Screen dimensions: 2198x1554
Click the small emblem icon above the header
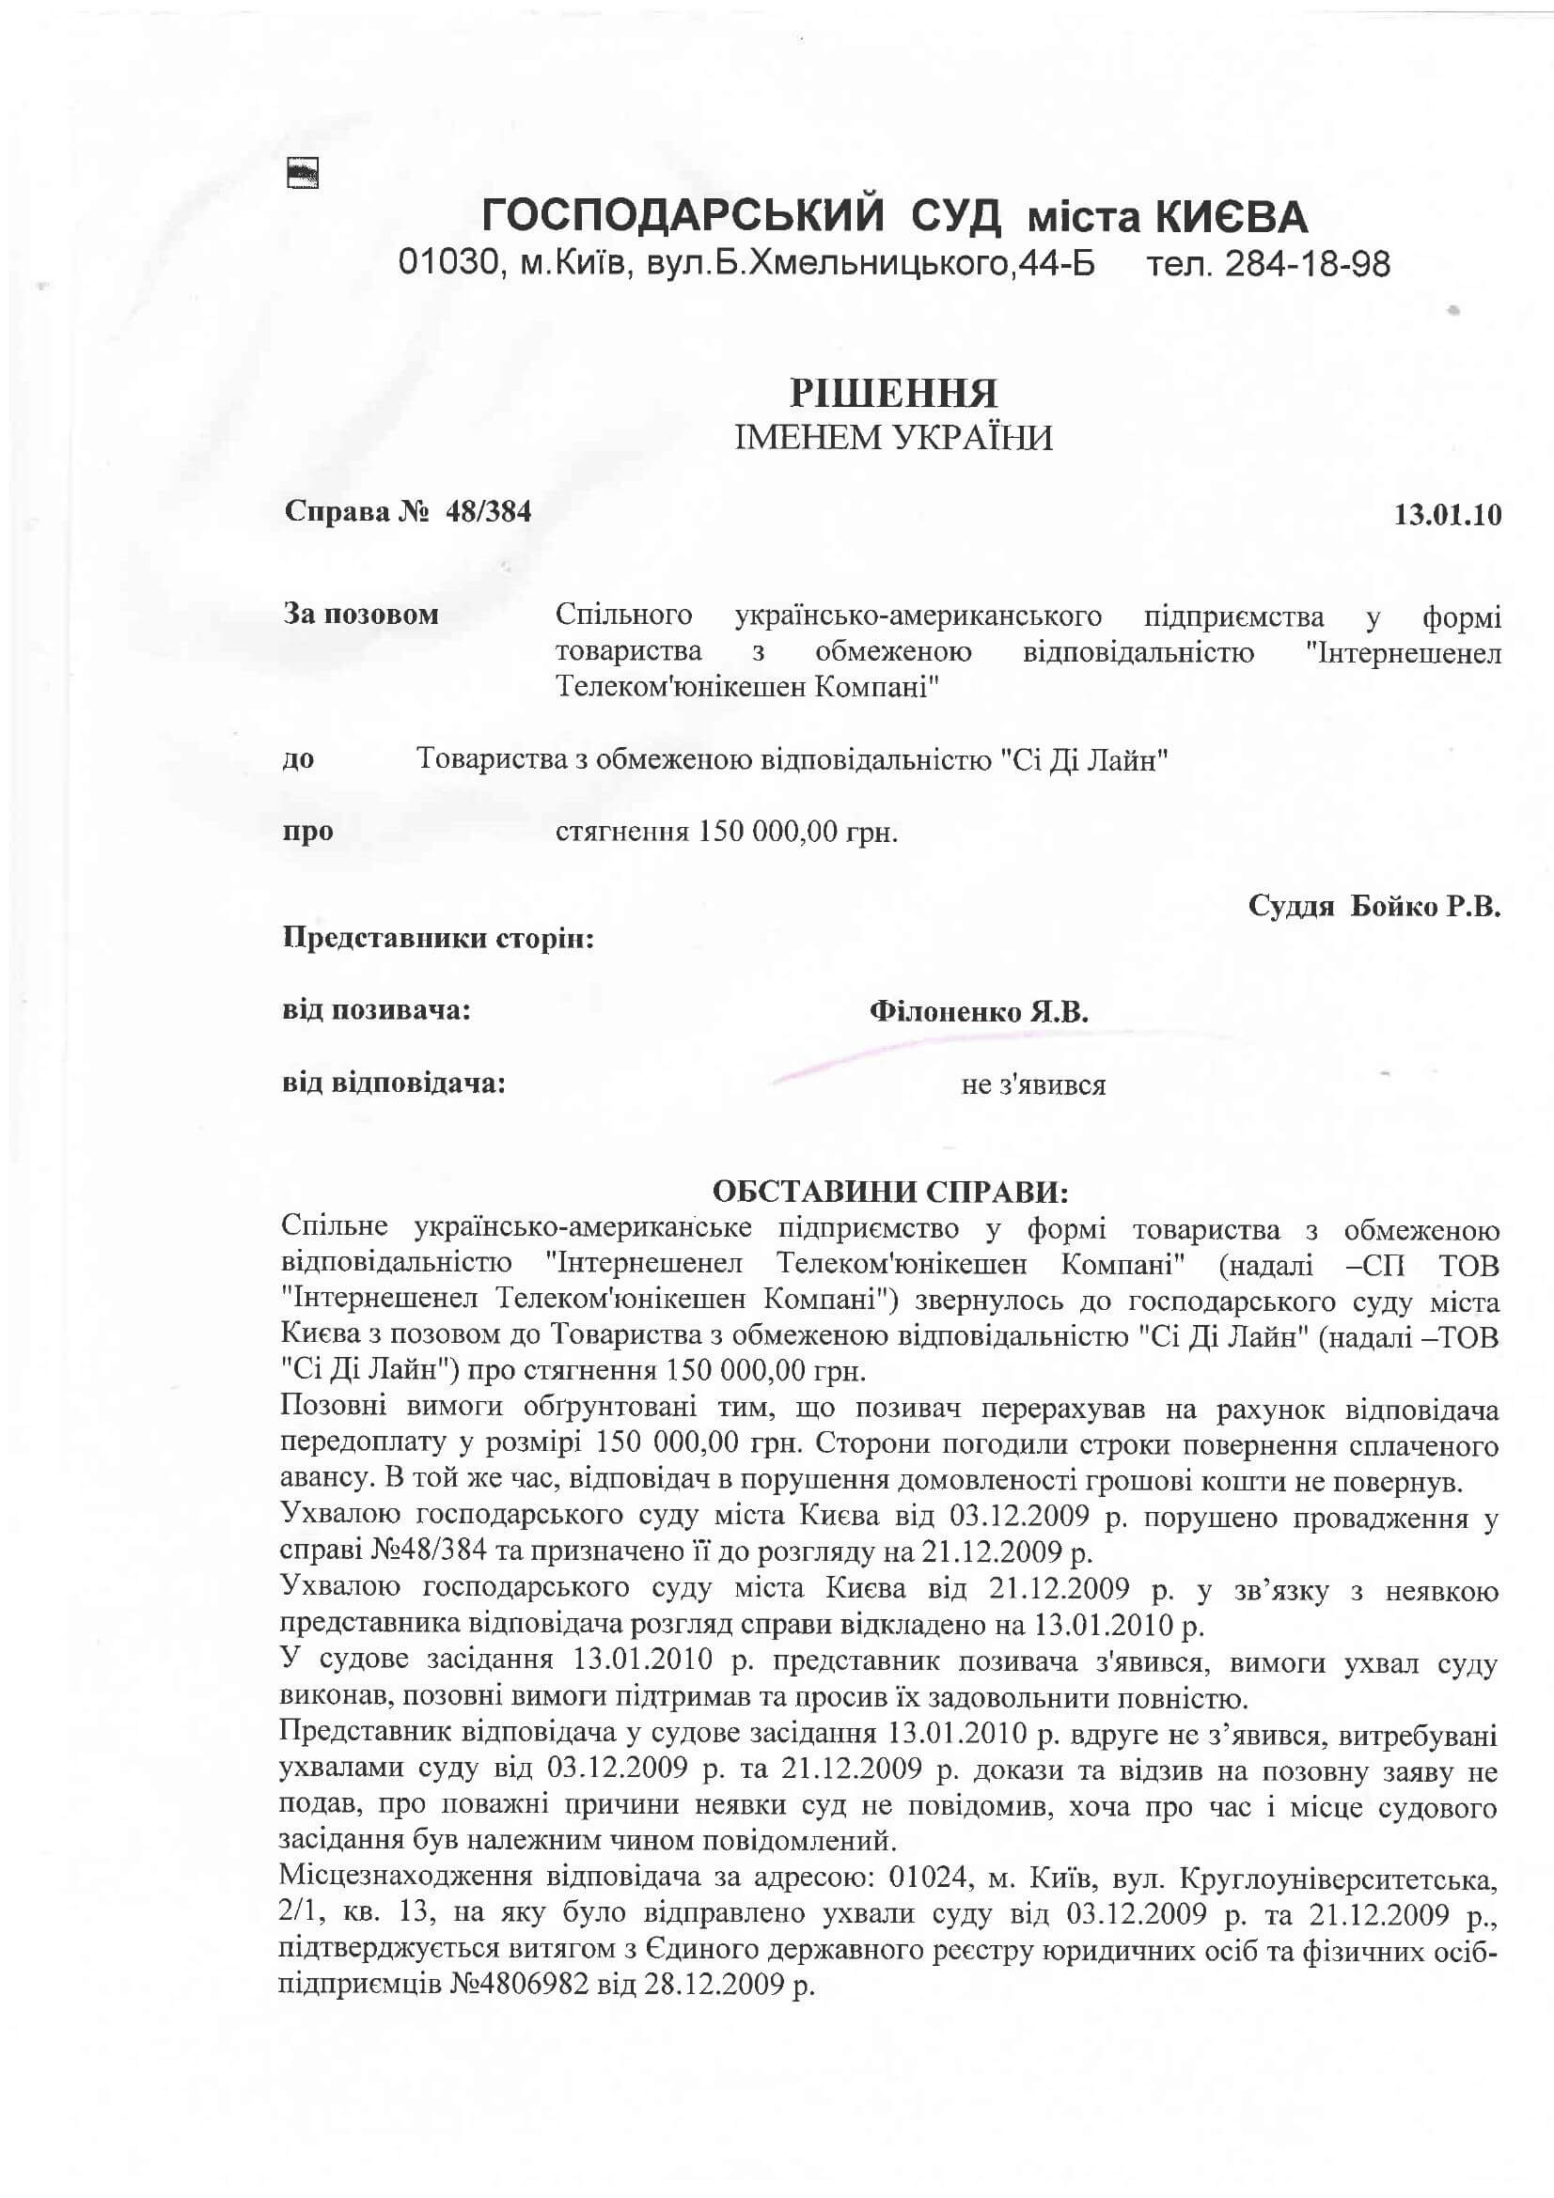click(x=303, y=173)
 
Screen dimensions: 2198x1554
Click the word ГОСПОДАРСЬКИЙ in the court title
click(x=683, y=217)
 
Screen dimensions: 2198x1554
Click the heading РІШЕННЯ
click(x=892, y=394)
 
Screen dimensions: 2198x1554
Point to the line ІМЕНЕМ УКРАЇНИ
click(x=892, y=439)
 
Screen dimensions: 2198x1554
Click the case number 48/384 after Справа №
click(x=487, y=512)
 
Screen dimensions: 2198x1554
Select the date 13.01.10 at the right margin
click(x=1447, y=515)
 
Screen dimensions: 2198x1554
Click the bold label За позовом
click(x=361, y=614)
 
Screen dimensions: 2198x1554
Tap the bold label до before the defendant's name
click(x=298, y=760)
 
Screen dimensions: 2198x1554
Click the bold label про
click(x=308, y=831)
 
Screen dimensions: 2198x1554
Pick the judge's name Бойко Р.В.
click(x=1425, y=907)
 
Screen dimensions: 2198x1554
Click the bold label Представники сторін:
click(x=438, y=937)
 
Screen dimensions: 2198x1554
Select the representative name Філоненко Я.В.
click(x=979, y=1012)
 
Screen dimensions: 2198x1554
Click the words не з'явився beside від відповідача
click(x=1033, y=1085)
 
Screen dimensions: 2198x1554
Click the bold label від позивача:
click(x=376, y=1010)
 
